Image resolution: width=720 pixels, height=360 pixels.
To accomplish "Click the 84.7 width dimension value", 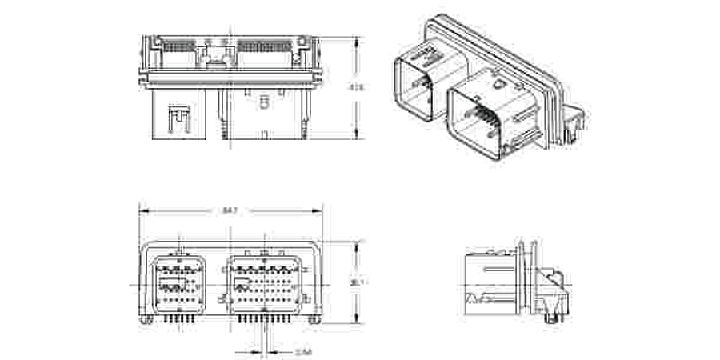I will (x=230, y=210).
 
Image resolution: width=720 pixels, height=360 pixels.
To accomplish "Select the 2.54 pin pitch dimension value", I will (x=303, y=350).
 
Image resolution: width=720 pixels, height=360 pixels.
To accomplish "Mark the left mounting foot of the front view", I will (x=146, y=318).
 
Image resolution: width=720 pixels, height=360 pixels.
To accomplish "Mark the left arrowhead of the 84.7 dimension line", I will (x=142, y=210).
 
